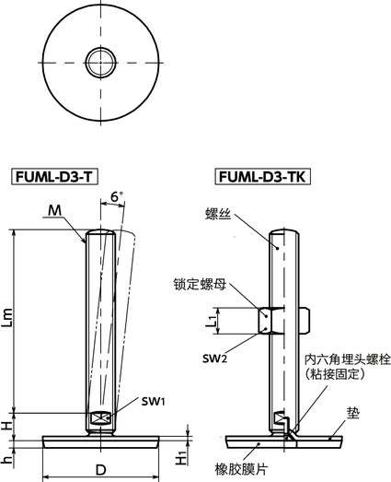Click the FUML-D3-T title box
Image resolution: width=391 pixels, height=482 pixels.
click(56, 176)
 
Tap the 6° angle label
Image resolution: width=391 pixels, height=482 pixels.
click(116, 197)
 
